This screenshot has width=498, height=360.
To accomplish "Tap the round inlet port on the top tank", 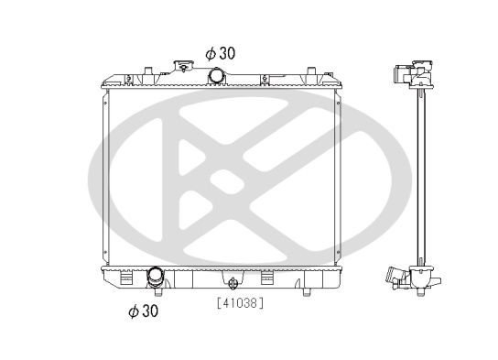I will coord(218,75).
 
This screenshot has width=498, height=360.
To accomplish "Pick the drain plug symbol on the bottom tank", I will coord(234,283).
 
